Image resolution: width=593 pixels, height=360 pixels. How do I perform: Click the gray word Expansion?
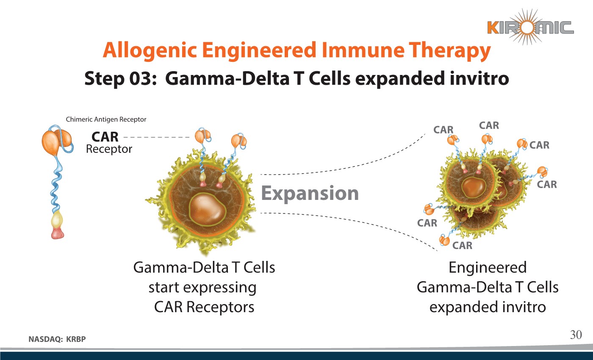click(x=310, y=193)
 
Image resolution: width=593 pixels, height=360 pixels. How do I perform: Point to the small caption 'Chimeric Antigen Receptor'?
click(x=106, y=119)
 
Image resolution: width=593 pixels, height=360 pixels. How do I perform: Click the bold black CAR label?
click(x=105, y=137)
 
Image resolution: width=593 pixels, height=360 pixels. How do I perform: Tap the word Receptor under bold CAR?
click(x=109, y=149)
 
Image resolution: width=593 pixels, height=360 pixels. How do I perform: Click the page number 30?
click(x=576, y=335)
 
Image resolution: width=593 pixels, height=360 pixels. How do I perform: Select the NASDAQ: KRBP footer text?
click(x=59, y=339)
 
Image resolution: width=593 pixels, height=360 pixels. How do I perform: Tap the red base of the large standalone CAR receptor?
click(x=57, y=233)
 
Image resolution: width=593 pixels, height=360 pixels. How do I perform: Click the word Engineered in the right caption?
click(x=488, y=268)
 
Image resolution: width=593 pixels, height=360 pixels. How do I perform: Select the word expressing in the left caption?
click(x=220, y=288)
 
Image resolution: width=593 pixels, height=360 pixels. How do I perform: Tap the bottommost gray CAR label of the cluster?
click(x=462, y=246)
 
